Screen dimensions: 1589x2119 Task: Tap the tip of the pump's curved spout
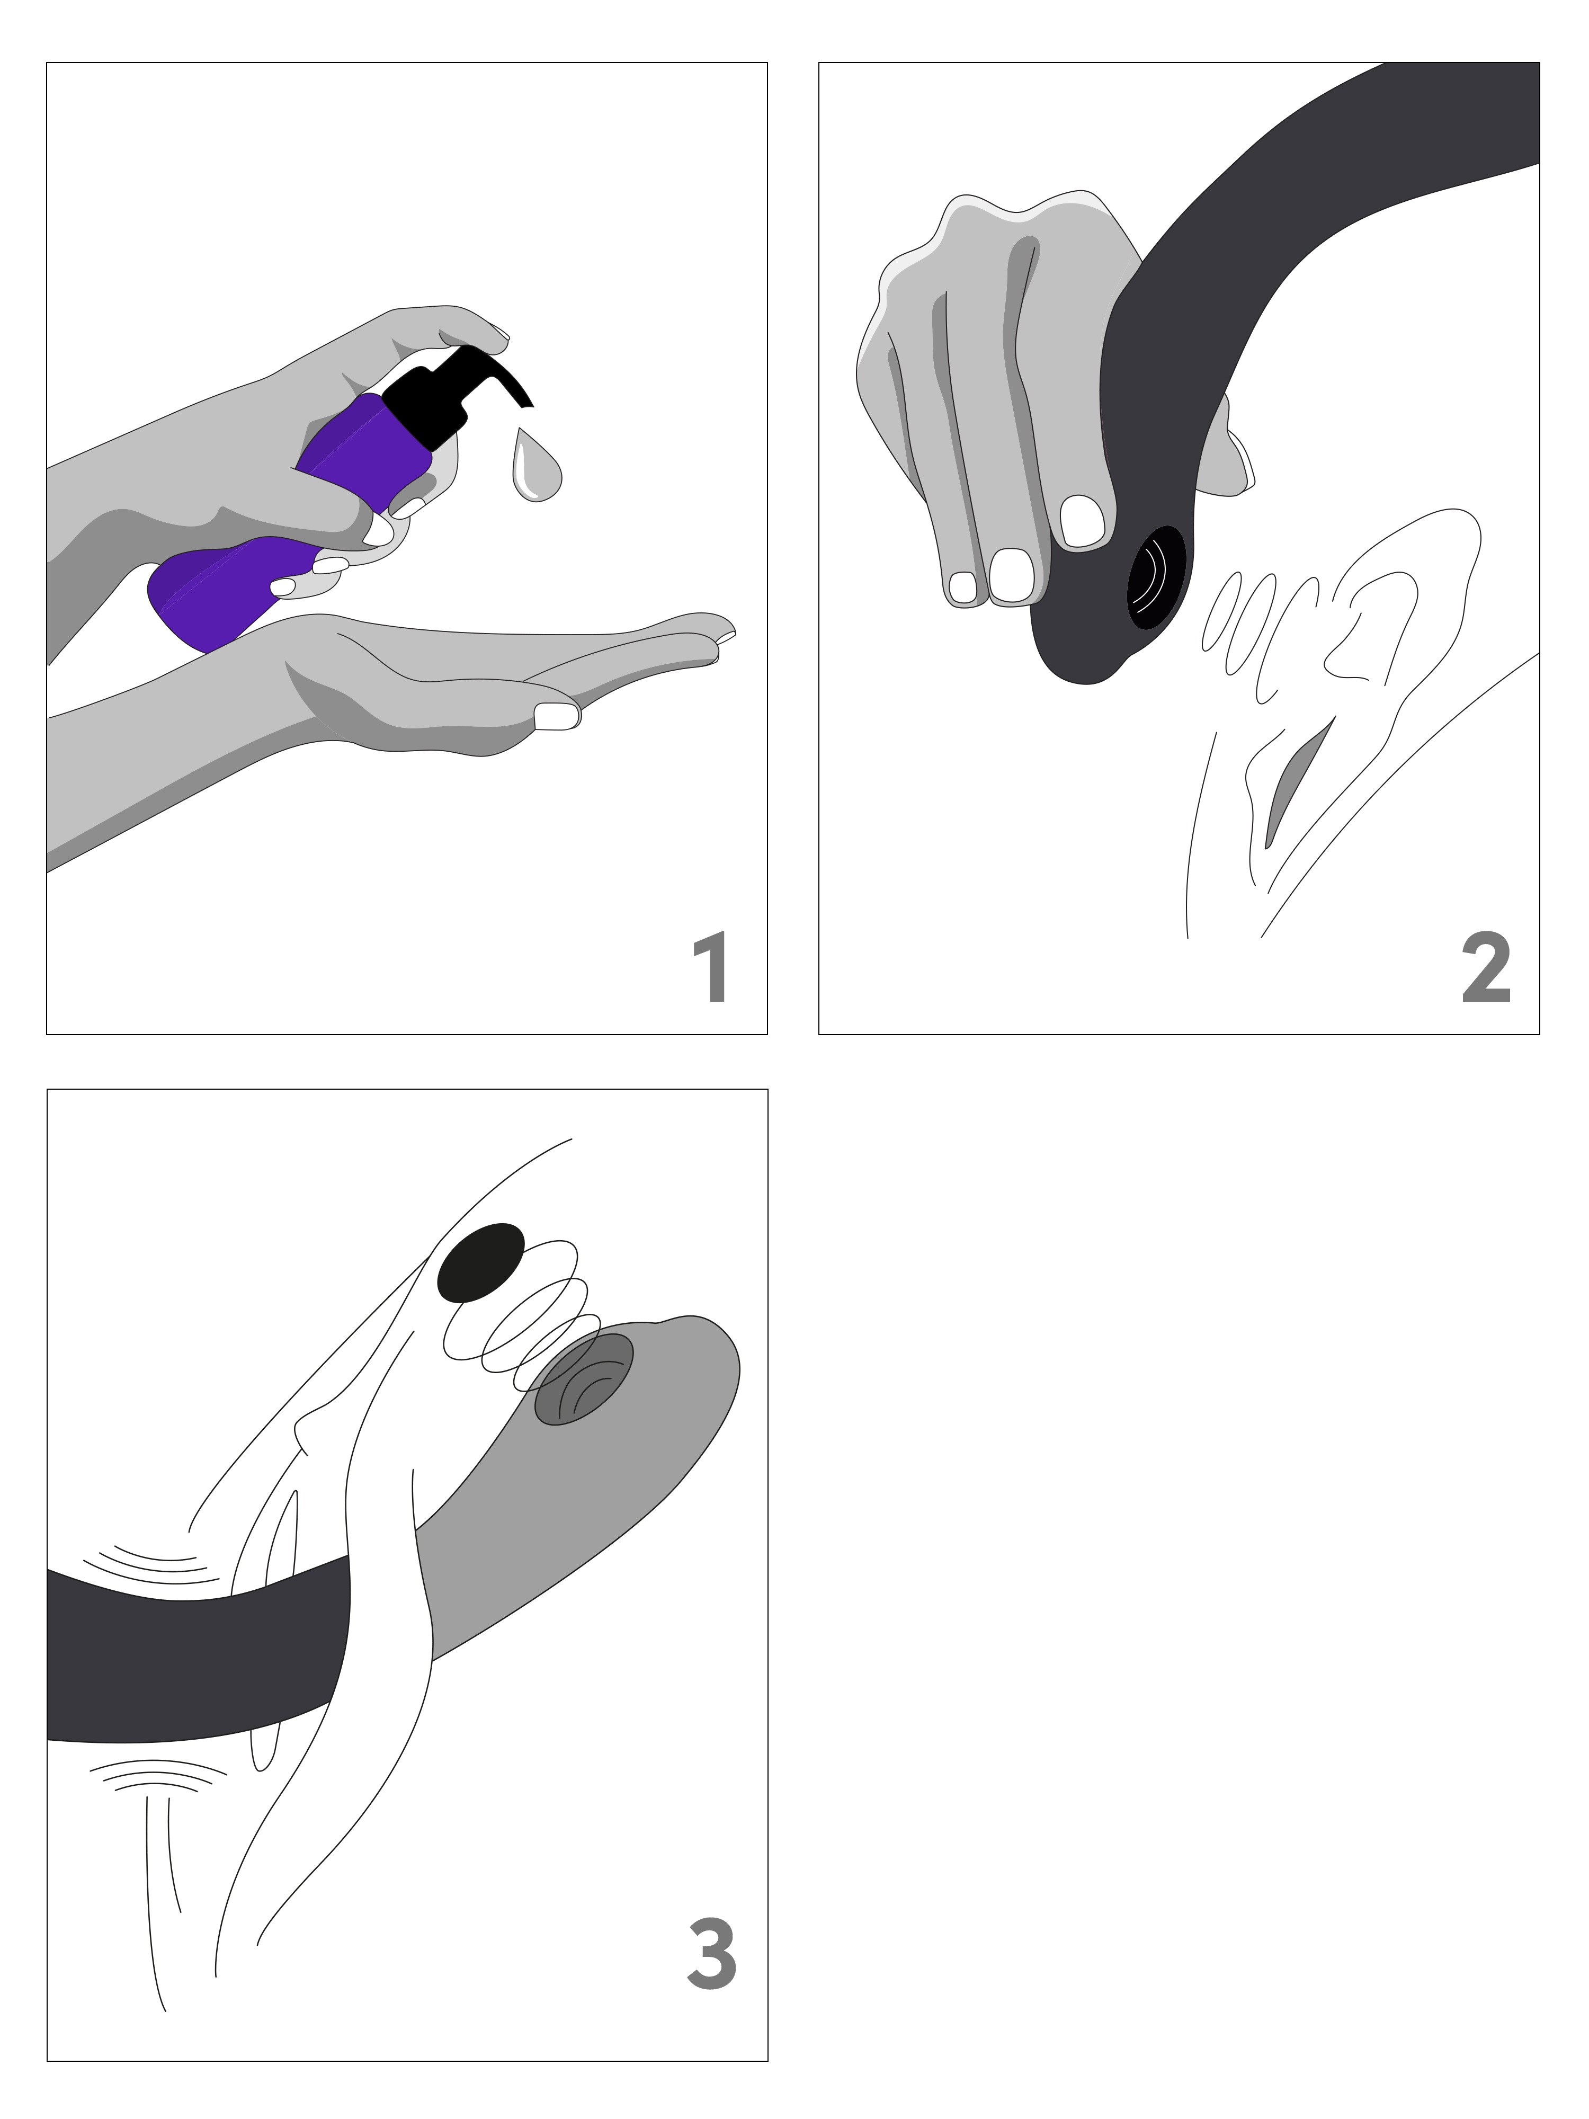pyautogui.click(x=530, y=402)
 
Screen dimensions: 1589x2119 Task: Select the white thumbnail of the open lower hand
pyautogui.click(x=557, y=716)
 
